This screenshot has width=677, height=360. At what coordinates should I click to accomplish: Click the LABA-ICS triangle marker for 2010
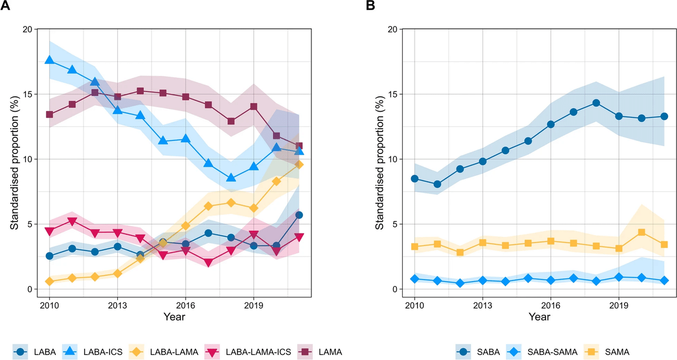coord(49,60)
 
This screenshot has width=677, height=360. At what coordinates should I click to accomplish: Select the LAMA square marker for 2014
coord(140,91)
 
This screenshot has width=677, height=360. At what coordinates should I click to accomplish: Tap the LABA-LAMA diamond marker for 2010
coord(49,281)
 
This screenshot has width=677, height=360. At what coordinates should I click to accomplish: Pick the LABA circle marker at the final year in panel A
coord(299,215)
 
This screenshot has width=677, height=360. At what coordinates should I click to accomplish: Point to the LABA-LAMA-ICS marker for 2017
coord(208,263)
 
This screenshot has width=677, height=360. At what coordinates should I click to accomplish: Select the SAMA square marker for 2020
coord(641,232)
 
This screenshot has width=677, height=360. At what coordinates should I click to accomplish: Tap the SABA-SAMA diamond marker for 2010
coord(415,279)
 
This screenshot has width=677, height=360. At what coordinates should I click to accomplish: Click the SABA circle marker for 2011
coord(437,184)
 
